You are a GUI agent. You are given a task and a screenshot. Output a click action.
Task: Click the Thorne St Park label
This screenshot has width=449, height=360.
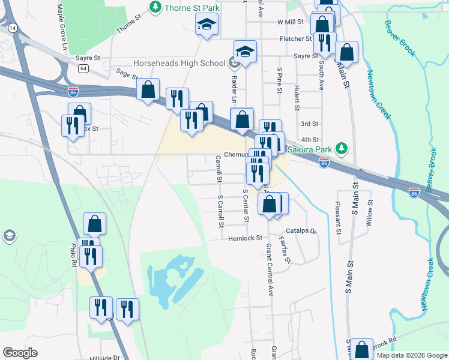point(192,7)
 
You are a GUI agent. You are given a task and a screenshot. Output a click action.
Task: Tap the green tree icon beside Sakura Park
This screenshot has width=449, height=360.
point(342,148)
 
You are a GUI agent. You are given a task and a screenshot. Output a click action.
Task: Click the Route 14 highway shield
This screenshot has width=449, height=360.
point(13,28)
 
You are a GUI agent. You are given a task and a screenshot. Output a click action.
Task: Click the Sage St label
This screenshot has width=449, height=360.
point(127,74)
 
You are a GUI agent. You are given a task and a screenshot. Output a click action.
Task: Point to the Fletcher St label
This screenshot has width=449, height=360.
point(296,39)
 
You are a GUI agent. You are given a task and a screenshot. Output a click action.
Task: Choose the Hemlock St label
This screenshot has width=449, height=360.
point(246,238)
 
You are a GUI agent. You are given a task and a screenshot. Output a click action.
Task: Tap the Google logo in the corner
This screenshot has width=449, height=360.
point(20,353)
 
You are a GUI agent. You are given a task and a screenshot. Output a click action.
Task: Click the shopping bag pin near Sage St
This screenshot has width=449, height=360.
point(148,90)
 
